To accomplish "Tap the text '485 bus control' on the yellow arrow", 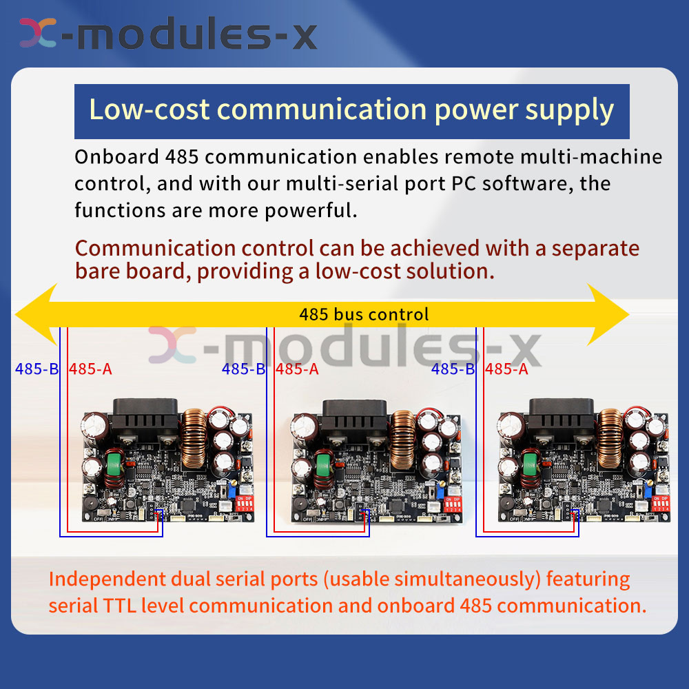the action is [364, 315].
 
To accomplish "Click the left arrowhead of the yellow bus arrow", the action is [36, 314].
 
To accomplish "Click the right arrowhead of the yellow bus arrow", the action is [608, 314].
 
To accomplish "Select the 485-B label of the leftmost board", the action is [37, 369].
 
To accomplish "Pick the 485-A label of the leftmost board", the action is [90, 369].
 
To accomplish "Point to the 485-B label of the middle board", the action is [243, 369].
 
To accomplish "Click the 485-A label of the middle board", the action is [297, 369].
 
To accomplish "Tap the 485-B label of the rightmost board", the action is [453, 369].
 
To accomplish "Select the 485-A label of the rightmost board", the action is [506, 369].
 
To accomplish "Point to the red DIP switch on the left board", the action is [245, 504].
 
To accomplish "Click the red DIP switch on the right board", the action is [661, 504].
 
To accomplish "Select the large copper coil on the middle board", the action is [402, 439].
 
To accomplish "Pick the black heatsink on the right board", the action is [561, 419].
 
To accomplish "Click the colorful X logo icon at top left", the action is [38, 32].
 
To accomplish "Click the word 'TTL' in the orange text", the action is [119, 606].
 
